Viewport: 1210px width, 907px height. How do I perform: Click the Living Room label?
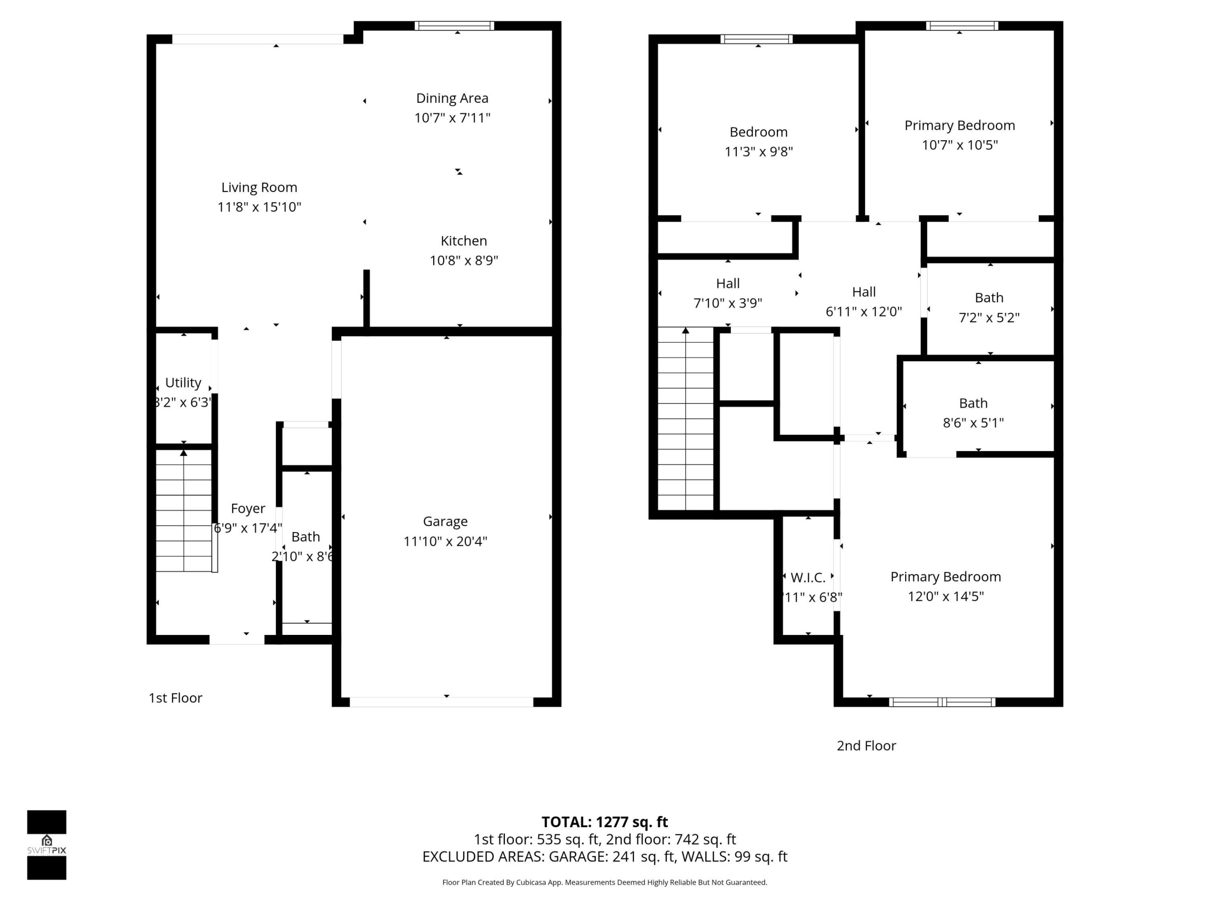coord(259,188)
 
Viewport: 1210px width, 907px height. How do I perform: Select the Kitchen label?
coord(463,241)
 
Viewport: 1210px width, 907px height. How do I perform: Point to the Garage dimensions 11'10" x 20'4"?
coord(445,541)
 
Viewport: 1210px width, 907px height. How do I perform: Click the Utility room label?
coord(183,382)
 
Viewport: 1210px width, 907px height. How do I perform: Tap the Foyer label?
coord(248,509)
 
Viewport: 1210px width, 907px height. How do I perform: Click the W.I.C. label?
coord(808,577)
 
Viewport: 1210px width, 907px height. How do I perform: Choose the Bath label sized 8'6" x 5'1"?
coord(973,403)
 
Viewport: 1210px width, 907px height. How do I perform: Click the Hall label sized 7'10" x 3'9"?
coord(728,283)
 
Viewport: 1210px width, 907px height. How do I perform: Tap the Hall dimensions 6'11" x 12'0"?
coord(863,312)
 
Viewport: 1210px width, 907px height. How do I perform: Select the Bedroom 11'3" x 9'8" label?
coord(758,132)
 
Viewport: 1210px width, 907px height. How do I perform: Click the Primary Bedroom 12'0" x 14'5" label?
coord(945,577)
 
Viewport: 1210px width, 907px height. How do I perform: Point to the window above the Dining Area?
coord(454,26)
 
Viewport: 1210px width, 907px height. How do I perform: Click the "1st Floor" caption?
coord(175,698)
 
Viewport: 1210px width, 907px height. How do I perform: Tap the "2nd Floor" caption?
coord(866,746)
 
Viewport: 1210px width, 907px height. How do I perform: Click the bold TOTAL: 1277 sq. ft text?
coord(605,822)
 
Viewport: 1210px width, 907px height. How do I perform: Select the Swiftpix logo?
coord(47,845)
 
